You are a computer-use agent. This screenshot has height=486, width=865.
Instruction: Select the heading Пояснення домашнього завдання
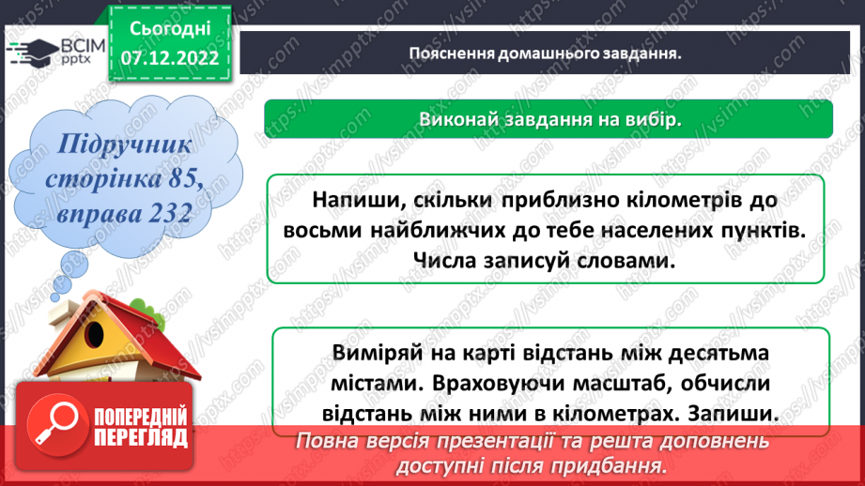pyautogui.click(x=545, y=53)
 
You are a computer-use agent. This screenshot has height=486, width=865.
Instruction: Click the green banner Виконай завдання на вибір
pyautogui.click(x=548, y=119)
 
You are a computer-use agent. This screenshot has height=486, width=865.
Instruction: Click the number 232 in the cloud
pyautogui.click(x=160, y=214)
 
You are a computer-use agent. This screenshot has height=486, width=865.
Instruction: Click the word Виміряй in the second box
pyautogui.click(x=373, y=353)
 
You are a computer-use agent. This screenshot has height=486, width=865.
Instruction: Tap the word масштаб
pyautogui.click(x=614, y=383)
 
